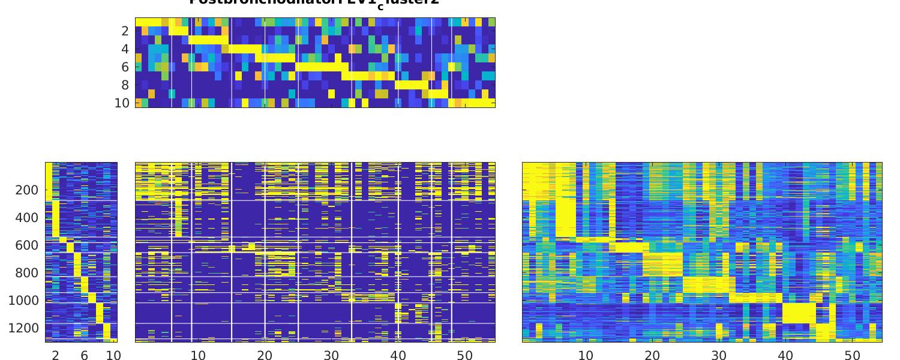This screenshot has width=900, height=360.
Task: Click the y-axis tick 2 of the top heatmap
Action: tap(125, 31)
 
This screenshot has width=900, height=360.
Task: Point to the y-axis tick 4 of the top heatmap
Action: tap(125, 49)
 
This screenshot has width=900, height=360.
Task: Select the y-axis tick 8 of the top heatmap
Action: tap(125, 85)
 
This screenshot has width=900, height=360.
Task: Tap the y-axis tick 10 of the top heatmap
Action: tap(122, 103)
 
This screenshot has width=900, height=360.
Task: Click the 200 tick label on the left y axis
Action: tap(26, 190)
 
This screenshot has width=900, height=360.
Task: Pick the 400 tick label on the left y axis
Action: tap(26, 218)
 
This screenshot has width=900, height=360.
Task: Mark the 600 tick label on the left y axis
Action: tap(26, 245)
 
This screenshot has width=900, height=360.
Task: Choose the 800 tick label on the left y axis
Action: tap(26, 273)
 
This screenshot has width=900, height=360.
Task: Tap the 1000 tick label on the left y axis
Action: tap(23, 301)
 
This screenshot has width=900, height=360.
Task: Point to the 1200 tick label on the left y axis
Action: tap(23, 328)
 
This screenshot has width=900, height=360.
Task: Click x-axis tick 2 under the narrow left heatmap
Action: tap(55, 356)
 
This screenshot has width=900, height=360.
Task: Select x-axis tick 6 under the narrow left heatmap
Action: tap(85, 356)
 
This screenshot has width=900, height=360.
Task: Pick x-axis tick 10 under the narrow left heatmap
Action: tap(113, 356)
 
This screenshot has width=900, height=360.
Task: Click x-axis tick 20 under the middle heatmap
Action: tap(265, 356)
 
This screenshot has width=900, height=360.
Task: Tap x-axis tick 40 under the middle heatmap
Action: tap(398, 356)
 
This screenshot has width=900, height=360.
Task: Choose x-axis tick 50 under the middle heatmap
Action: tap(465, 356)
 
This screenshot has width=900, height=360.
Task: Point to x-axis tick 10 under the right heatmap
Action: tap(586, 356)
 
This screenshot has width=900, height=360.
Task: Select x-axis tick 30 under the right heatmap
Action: tap(719, 356)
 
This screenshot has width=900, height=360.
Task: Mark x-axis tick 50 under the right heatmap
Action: tap(852, 356)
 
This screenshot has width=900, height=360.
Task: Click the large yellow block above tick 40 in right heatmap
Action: tap(799, 313)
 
